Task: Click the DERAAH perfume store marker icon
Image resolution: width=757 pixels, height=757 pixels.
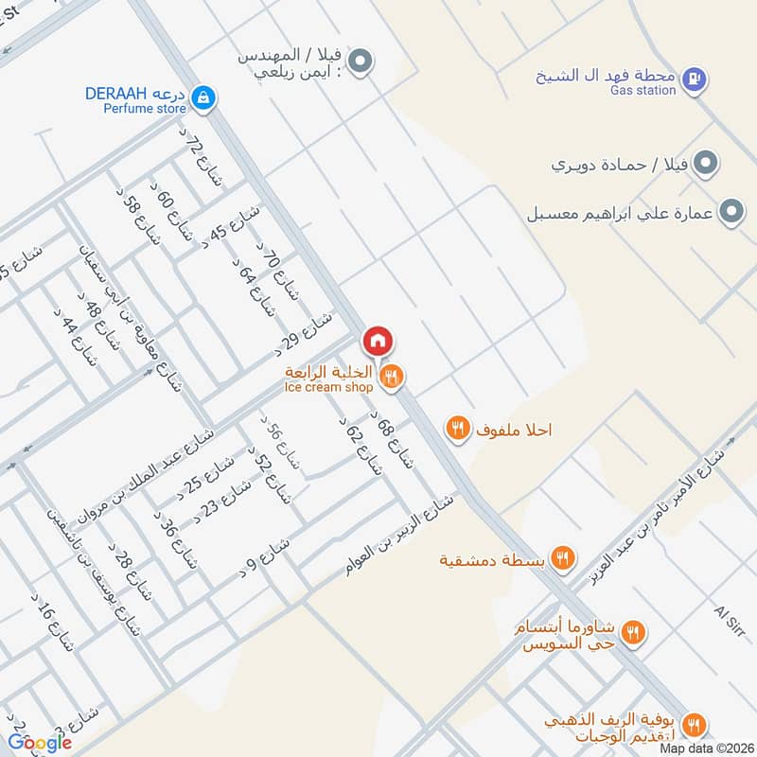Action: tap(202, 97)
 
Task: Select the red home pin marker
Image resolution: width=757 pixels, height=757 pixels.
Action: tap(376, 342)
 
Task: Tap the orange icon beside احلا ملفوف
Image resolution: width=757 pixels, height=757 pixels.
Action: tap(458, 429)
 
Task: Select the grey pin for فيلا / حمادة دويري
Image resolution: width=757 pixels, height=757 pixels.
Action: tap(704, 165)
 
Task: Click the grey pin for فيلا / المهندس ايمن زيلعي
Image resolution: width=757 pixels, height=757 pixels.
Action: tap(359, 63)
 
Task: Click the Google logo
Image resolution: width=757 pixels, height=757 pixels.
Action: tap(41, 743)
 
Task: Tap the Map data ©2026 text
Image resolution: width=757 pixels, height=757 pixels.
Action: tap(706, 748)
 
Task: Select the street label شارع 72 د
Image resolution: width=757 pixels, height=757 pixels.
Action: tap(201, 160)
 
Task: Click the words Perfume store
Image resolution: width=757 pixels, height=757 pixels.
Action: tap(140, 109)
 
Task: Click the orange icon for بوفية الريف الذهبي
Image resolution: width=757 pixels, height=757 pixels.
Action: tap(695, 726)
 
